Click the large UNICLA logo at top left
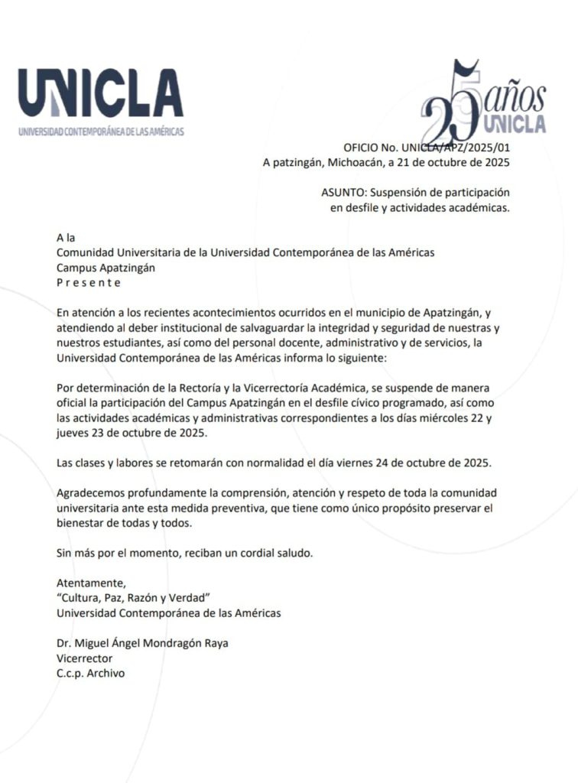[x=101, y=93]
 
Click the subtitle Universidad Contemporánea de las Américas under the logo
[x=101, y=132]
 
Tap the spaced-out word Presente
[x=89, y=282]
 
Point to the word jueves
[x=73, y=433]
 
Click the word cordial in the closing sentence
[x=262, y=552]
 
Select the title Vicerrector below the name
[x=84, y=658]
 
